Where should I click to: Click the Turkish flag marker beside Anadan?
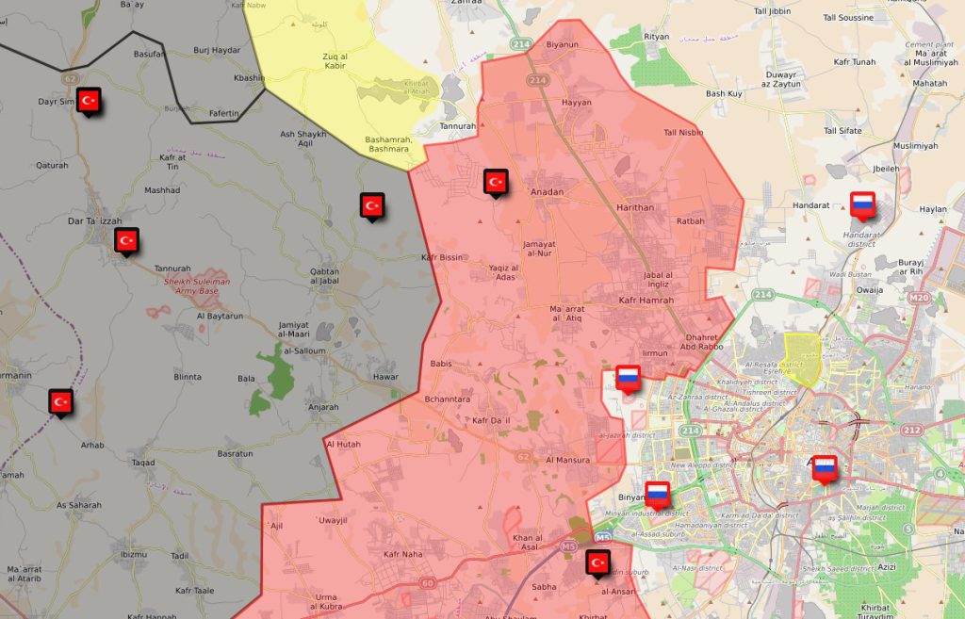pyautogui.click(x=496, y=181)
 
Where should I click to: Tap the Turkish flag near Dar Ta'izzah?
pyautogui.click(x=127, y=240)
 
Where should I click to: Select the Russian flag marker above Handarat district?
pyautogui.click(x=862, y=204)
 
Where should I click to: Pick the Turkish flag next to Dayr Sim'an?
pyautogui.click(x=90, y=100)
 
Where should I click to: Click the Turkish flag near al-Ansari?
pyautogui.click(x=597, y=562)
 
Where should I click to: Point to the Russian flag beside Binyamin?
pyautogui.click(x=657, y=493)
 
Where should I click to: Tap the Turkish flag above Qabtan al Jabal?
pyautogui.click(x=372, y=205)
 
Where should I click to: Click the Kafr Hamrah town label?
pyautogui.click(x=646, y=300)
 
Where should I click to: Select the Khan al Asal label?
pyautogui.click(x=527, y=543)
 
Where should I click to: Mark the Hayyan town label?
pyautogui.click(x=576, y=103)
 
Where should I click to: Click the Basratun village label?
pyautogui.click(x=235, y=453)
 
